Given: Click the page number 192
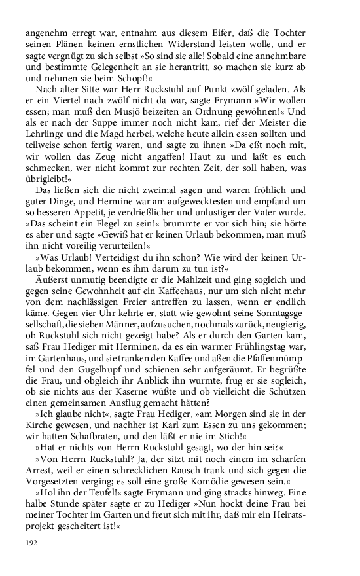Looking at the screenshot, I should pyautogui.click(x=32, y=543).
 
